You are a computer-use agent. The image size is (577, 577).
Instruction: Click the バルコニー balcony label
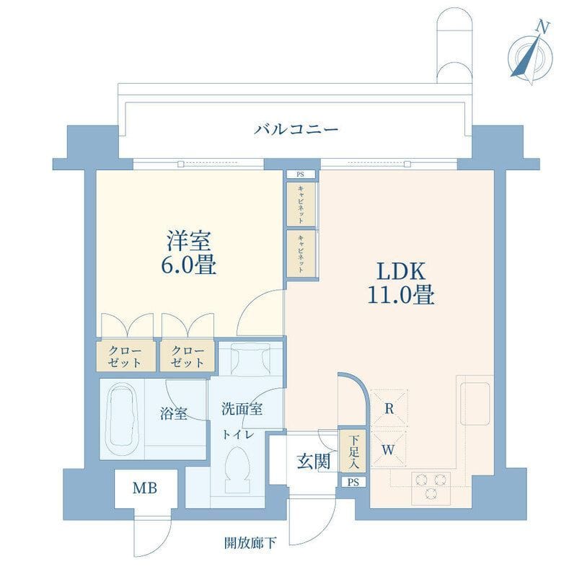296,130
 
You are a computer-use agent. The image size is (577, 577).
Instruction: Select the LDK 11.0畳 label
401,283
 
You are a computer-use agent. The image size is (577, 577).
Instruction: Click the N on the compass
543,27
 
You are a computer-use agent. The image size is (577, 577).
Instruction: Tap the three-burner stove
431,488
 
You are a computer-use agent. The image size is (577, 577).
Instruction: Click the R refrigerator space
389,408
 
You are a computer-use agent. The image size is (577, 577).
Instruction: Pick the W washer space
389,449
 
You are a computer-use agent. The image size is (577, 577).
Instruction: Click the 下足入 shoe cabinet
353,451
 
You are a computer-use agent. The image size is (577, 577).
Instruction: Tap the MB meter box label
145,488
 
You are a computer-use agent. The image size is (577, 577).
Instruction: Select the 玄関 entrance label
314,462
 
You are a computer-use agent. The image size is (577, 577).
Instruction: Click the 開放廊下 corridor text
250,543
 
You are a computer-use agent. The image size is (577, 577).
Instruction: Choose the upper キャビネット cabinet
301,204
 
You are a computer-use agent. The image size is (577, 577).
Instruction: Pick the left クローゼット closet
125,357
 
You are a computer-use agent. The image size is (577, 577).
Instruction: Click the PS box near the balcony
301,175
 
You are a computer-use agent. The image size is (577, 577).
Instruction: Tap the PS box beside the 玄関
353,482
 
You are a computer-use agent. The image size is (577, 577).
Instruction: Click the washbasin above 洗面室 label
250,358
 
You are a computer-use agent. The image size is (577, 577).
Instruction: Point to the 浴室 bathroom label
174,414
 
